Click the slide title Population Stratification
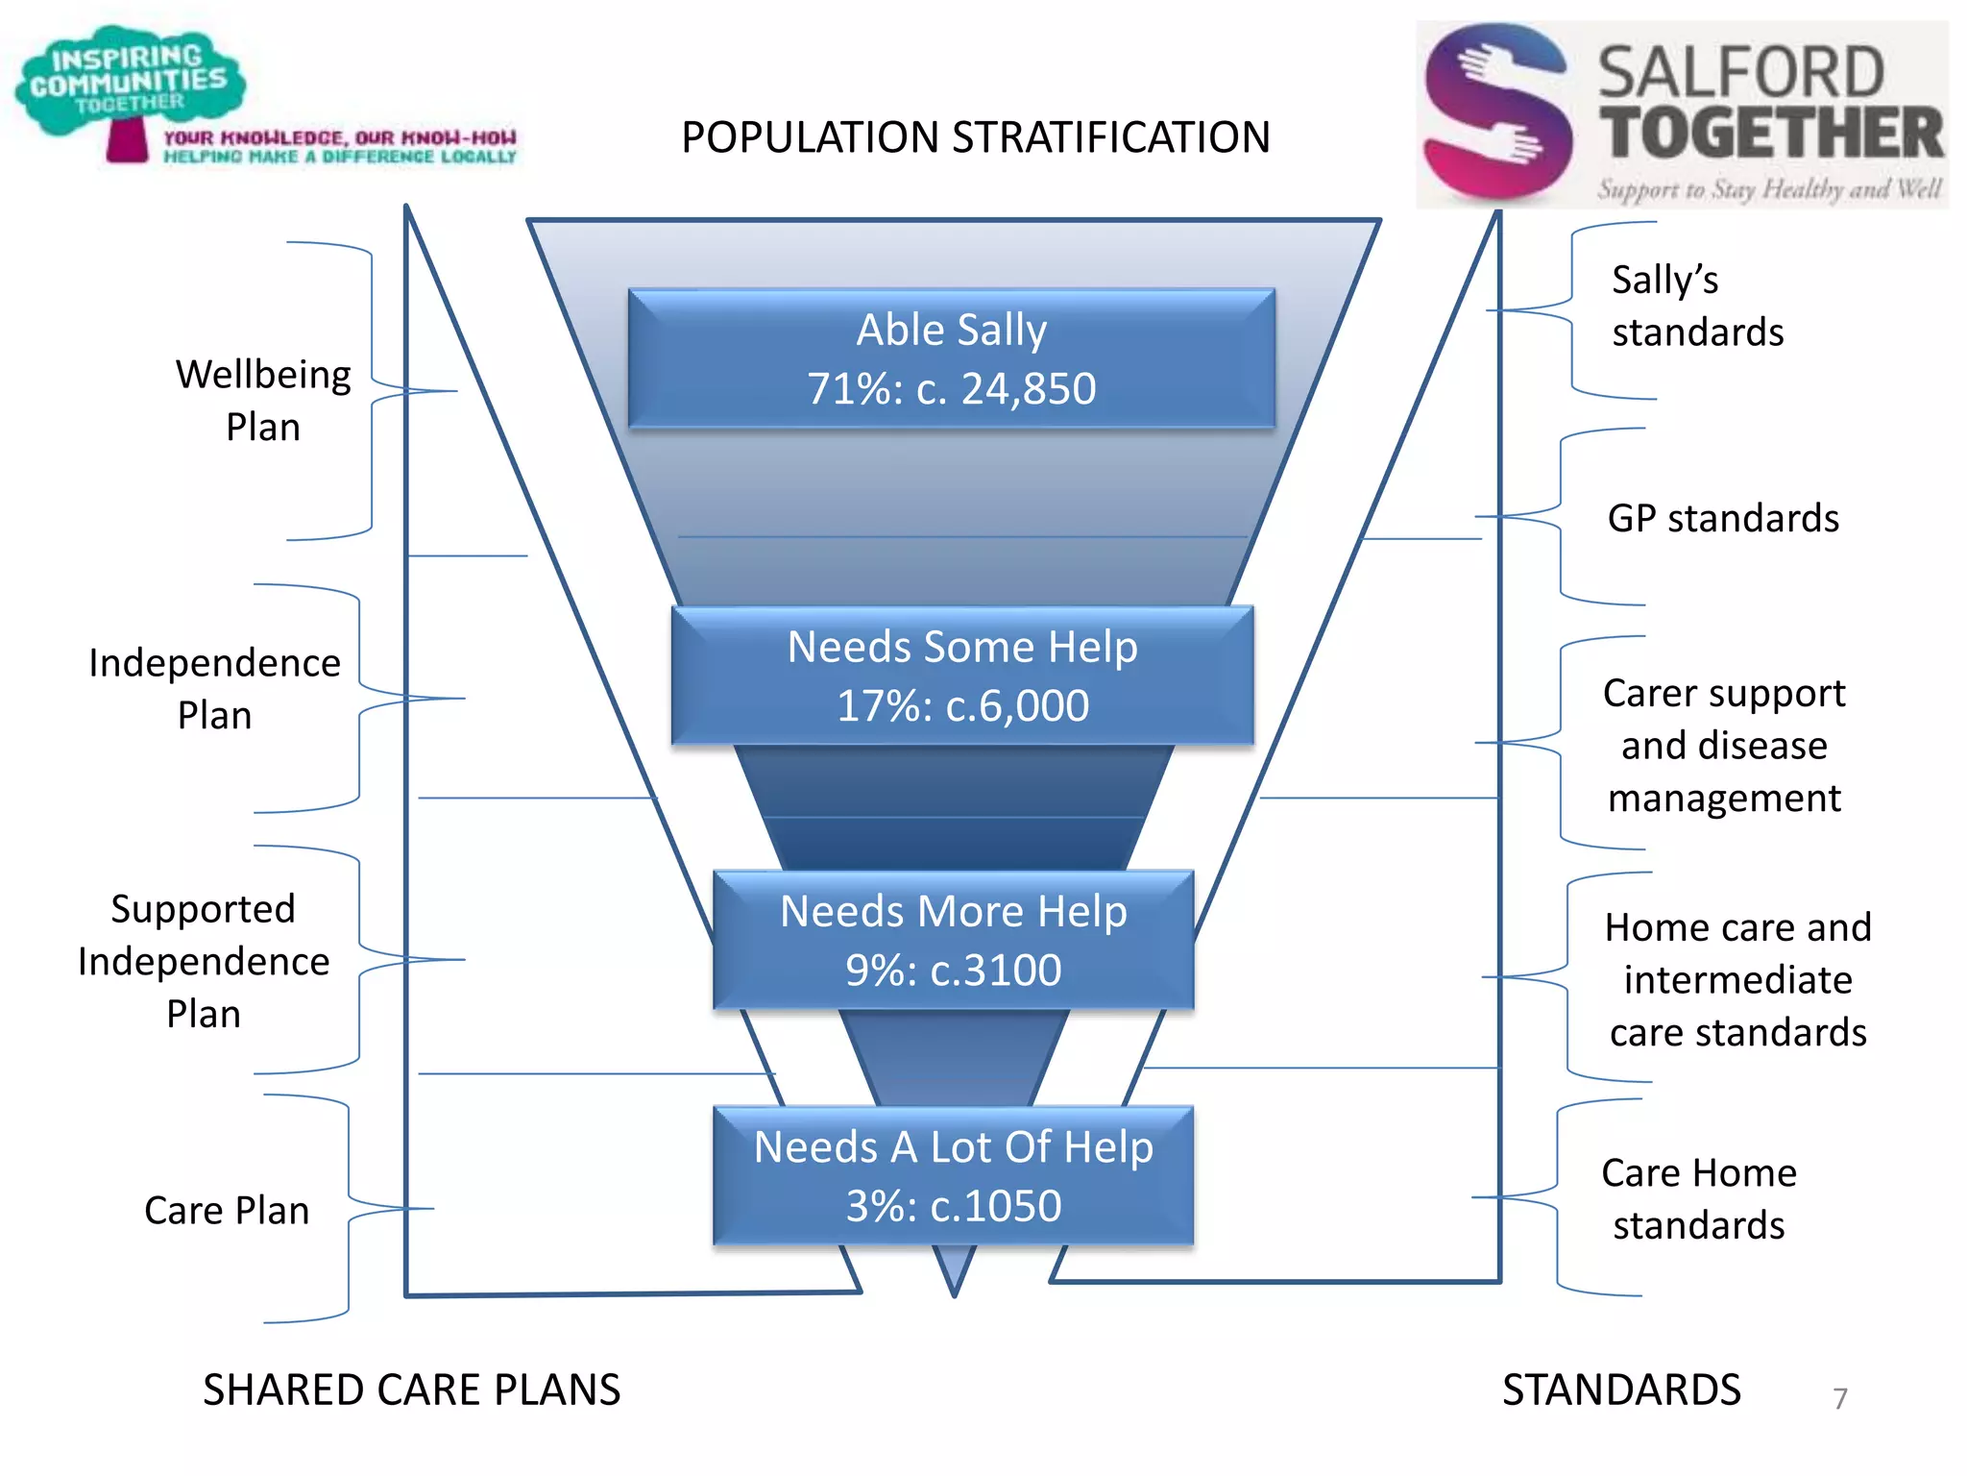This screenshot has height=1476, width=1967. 975,137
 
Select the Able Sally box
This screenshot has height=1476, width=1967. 951,358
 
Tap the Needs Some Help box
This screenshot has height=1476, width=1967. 962,676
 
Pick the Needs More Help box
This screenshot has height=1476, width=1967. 953,940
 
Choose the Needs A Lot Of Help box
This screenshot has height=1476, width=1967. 953,1175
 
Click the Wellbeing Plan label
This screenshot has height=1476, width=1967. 263,400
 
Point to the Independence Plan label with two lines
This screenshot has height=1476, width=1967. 214,689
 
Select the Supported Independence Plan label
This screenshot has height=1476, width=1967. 204,961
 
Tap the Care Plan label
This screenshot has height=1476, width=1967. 227,1211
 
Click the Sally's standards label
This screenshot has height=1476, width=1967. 1697,306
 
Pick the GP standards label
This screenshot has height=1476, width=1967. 1723,518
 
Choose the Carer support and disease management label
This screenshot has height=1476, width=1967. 1724,746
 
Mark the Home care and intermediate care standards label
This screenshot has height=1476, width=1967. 1737,979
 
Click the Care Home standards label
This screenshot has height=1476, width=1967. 1698,1199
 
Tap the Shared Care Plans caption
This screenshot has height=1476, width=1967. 411,1390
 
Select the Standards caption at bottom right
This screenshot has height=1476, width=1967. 1621,1390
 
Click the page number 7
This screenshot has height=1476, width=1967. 1839,1398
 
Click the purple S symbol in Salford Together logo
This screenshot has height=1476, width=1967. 1496,112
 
